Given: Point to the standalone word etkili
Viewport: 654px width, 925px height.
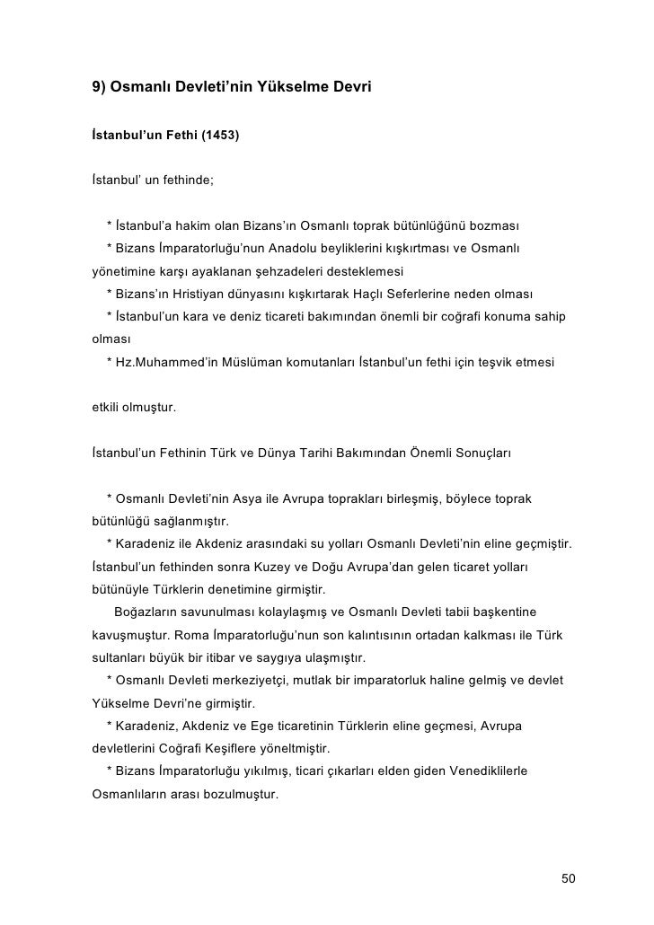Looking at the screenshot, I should click(110, 410).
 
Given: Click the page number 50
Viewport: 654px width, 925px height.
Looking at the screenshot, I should click(568, 877).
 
